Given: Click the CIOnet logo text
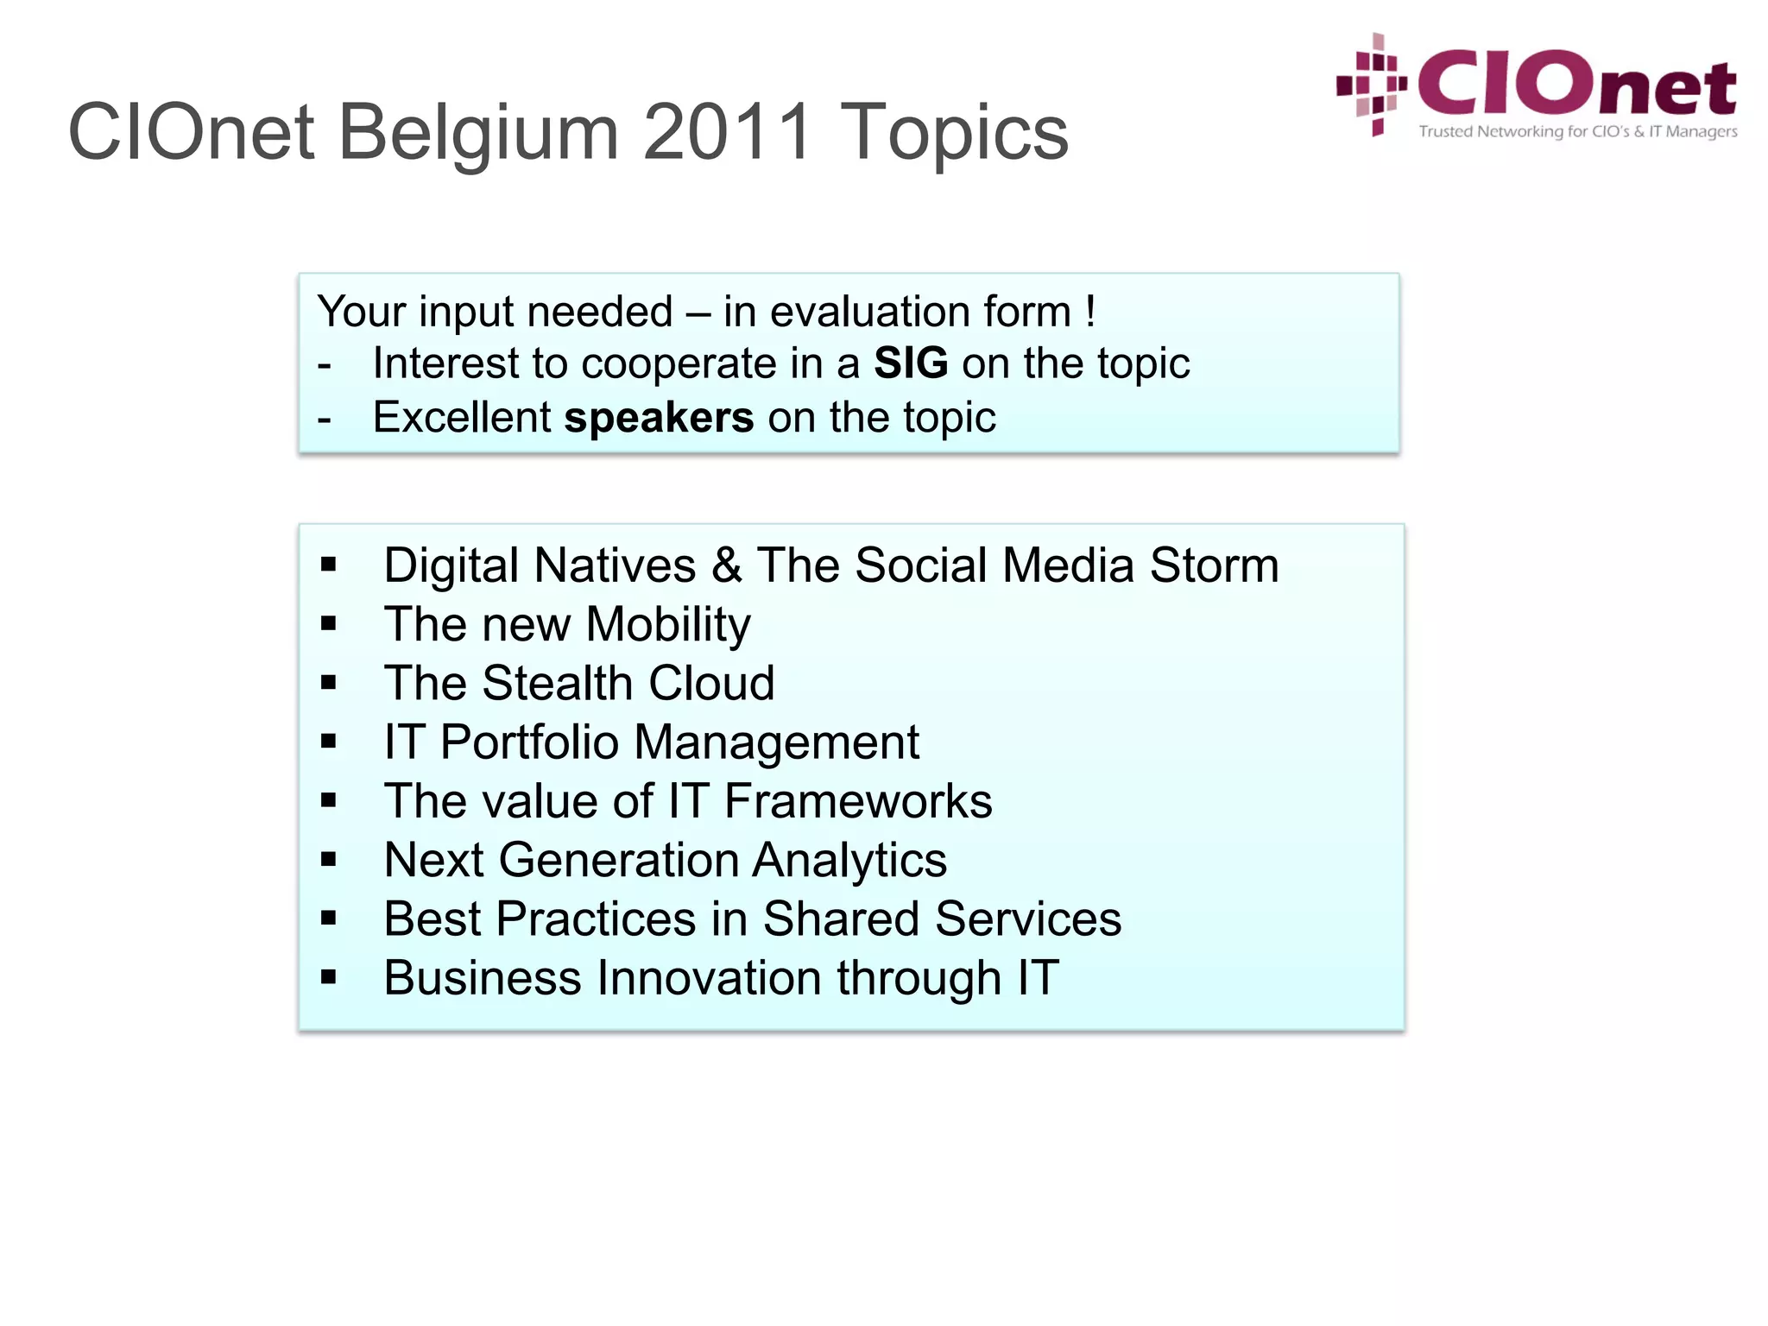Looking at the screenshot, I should point(1576,84).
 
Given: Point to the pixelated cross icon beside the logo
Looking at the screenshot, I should point(1373,85).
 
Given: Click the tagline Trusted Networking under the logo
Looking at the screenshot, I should point(1577,132).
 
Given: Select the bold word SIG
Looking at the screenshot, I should point(911,363).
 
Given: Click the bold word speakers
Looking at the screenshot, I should point(659,419).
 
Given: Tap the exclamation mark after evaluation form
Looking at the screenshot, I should point(1091,311).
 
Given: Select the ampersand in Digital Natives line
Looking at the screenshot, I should point(727,566).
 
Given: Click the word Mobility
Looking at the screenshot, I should point(668,625).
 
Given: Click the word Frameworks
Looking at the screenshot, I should point(858,801).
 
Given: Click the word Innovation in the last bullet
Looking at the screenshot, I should point(710,978).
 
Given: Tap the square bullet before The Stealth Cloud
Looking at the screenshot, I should point(328,684).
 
